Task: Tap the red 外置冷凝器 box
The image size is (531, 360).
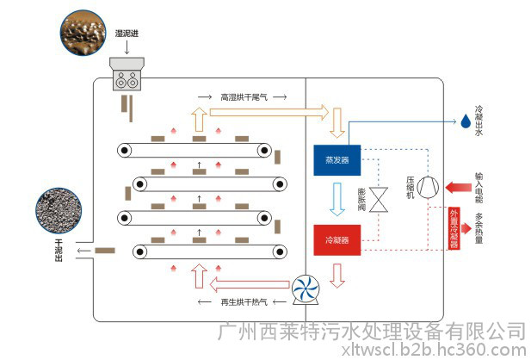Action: [455, 228]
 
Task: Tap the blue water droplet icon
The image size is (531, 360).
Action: [458, 123]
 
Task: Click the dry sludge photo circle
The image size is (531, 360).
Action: [59, 208]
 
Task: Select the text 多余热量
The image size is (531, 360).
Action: [479, 229]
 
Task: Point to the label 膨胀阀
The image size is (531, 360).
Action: [361, 199]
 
